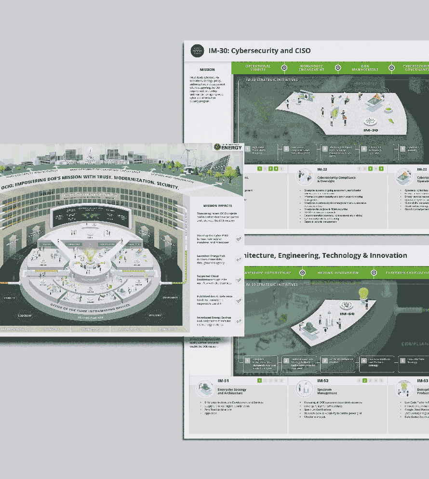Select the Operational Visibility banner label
click(258, 68)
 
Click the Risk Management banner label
click(364, 68)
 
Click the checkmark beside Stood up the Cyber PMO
click(239, 239)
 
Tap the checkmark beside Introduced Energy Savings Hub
click(239, 321)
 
